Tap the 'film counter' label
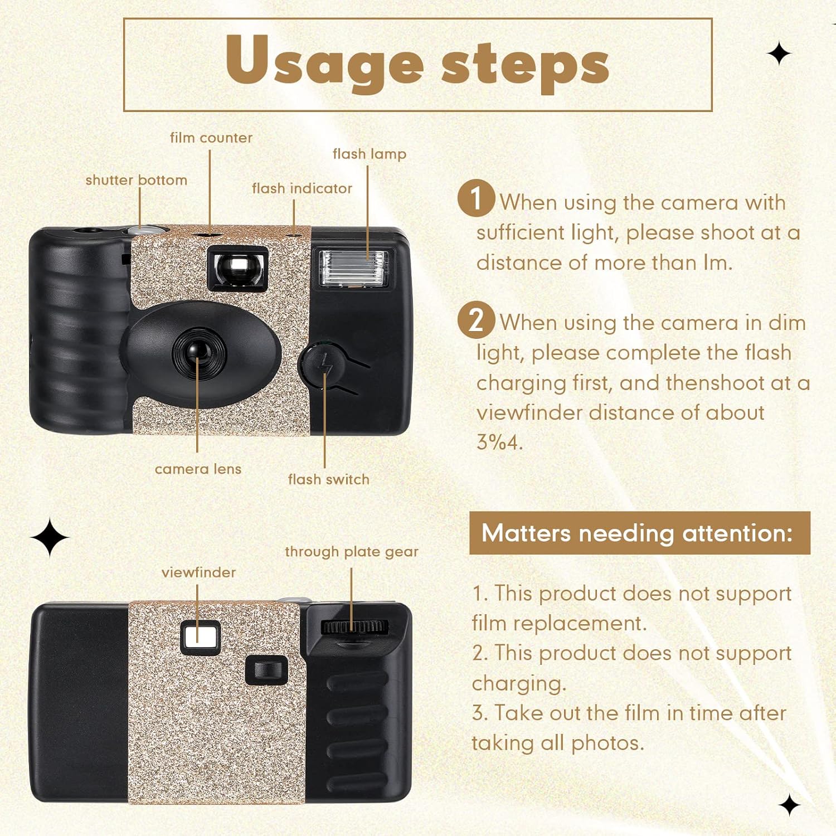[211, 138]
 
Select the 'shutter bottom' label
[136, 180]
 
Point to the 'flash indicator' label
[302, 188]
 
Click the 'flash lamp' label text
[369, 154]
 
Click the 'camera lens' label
[198, 469]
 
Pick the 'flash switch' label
[328, 479]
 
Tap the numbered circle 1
[476, 198]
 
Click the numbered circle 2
[476, 320]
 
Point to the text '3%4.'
[499, 443]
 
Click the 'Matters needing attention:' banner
[639, 533]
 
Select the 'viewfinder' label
[198, 572]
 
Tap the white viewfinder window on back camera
[200, 636]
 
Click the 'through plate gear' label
[351, 552]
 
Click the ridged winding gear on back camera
[354, 626]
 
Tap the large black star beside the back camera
[50, 537]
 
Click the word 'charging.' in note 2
[518, 683]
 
